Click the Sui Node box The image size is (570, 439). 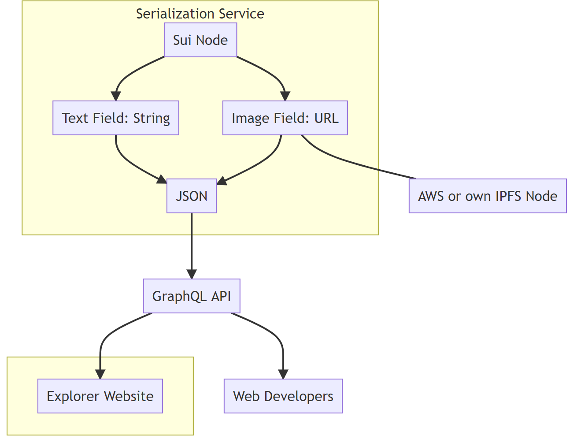(x=200, y=40)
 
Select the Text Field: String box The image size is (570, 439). (x=116, y=118)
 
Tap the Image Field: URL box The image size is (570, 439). (x=285, y=118)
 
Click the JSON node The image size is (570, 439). (x=192, y=196)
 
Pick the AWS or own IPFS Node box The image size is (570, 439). (x=488, y=196)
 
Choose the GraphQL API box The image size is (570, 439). (x=192, y=296)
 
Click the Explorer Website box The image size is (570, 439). (x=100, y=396)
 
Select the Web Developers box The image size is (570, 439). (x=283, y=396)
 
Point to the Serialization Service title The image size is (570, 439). (x=200, y=14)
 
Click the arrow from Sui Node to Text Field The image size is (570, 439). (x=126, y=75)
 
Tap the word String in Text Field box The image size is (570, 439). (x=152, y=118)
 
